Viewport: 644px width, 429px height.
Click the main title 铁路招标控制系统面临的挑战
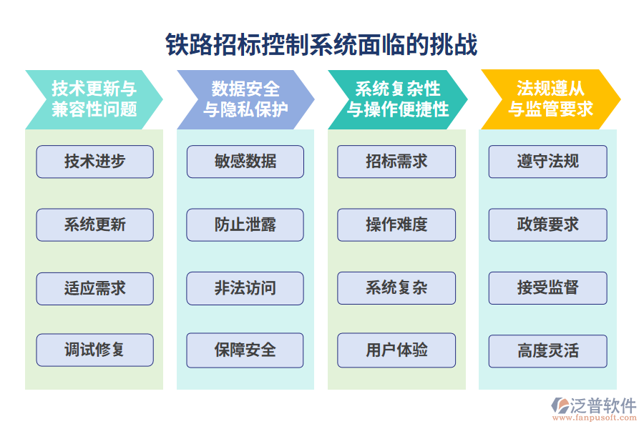(321, 44)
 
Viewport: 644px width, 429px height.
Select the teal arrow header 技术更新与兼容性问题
(94, 99)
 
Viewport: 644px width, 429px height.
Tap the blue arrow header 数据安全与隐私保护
(245, 99)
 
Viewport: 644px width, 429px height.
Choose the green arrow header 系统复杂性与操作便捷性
(397, 99)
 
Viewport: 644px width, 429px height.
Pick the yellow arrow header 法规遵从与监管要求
(550, 99)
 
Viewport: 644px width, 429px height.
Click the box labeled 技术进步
(94, 162)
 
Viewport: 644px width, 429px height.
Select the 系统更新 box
(94, 225)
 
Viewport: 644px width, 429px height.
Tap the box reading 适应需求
(94, 288)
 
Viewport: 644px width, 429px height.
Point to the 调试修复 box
(94, 350)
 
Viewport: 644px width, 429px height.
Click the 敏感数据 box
(245, 162)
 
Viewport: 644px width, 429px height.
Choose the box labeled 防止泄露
(245, 225)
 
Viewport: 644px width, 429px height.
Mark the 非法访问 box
(245, 288)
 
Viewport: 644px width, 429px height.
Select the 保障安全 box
(245, 350)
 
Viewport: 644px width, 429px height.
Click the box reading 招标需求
(396, 162)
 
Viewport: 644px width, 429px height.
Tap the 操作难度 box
(396, 225)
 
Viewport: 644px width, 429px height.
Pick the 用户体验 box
(396, 350)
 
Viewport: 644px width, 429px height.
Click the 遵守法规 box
(548, 162)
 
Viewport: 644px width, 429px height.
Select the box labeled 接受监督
(548, 288)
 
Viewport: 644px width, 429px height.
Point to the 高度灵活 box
(548, 351)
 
